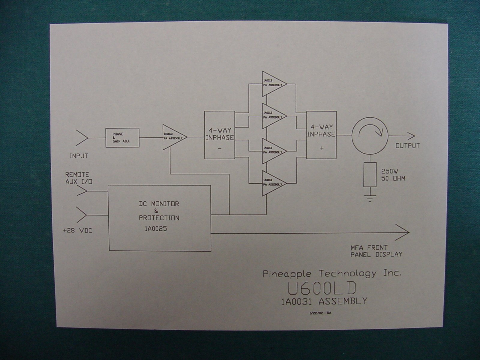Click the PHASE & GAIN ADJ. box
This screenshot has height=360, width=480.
click(122, 137)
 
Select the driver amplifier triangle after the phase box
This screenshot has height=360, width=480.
click(173, 137)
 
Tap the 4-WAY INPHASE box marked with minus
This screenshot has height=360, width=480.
click(220, 135)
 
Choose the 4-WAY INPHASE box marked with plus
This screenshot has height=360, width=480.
click(321, 135)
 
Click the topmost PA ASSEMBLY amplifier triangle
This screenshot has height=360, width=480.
click(273, 84)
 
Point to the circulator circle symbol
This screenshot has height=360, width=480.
click(370, 135)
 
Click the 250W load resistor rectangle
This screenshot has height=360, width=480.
click(370, 175)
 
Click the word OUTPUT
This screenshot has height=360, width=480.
click(407, 146)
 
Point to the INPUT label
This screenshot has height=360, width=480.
click(79, 156)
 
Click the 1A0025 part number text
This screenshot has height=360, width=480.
click(156, 229)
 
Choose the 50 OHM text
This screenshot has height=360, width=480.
click(393, 178)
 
